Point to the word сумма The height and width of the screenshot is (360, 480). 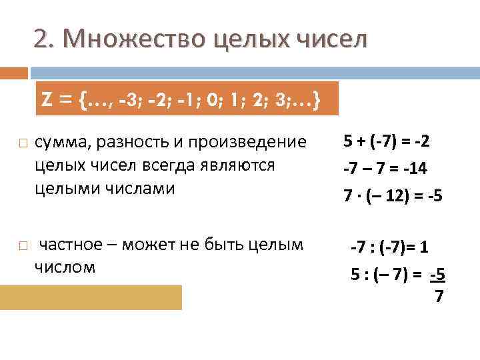click(x=63, y=143)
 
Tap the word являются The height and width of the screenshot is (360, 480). click(x=234, y=165)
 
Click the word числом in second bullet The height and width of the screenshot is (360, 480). click(x=64, y=267)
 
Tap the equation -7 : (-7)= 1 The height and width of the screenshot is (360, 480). click(x=390, y=248)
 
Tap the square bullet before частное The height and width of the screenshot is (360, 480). click(x=24, y=246)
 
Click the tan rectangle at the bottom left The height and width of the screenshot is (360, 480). click(x=91, y=297)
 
